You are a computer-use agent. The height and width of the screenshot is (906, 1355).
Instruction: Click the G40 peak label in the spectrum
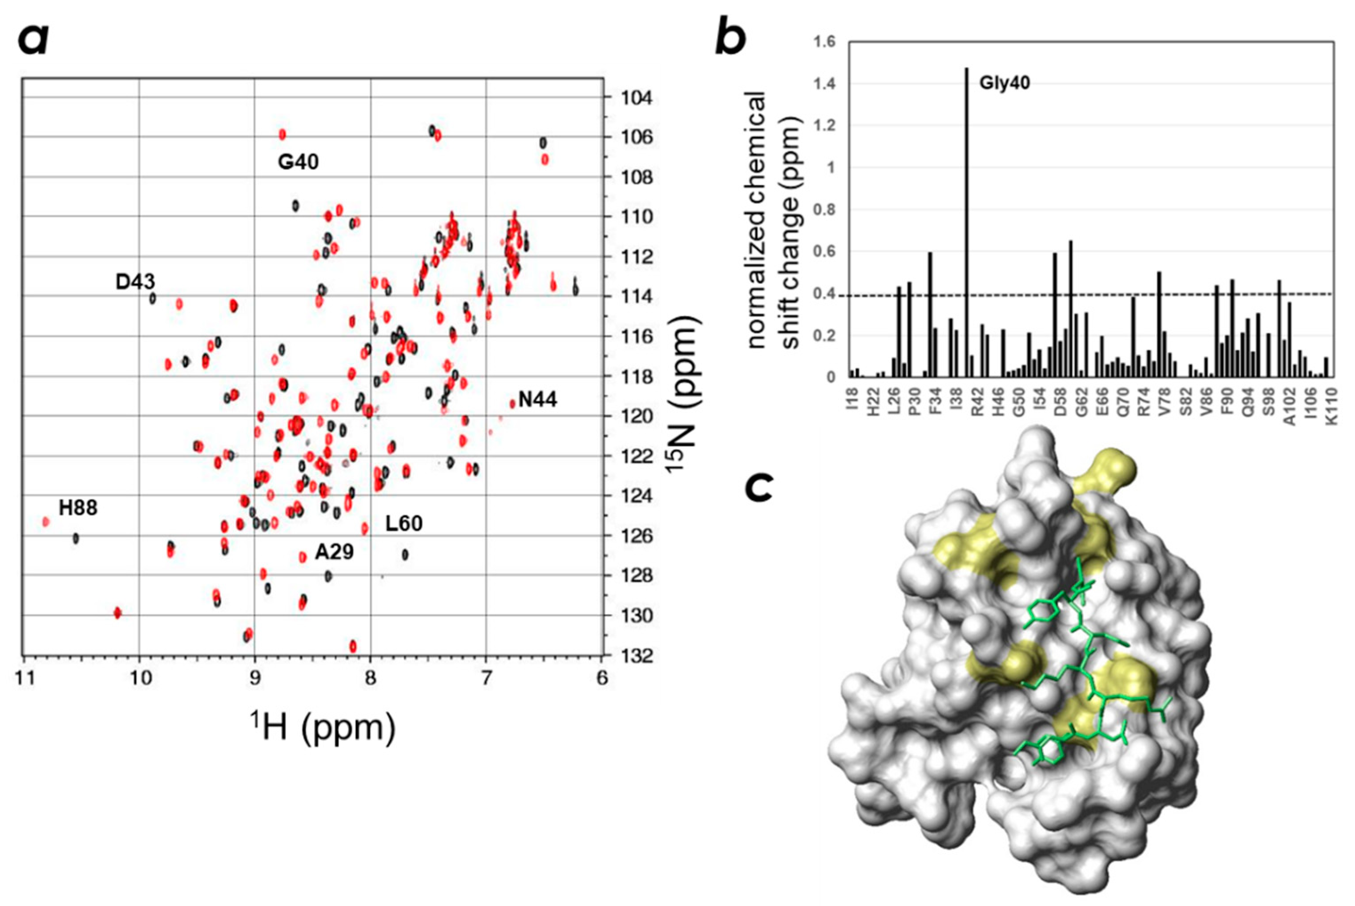click(298, 162)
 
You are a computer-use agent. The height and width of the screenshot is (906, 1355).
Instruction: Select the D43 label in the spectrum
click(135, 282)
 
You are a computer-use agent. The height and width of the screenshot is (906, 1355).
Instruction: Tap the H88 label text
click(78, 508)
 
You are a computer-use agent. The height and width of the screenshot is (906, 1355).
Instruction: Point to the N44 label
click(537, 399)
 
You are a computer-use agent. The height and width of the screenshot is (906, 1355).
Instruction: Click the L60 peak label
click(404, 523)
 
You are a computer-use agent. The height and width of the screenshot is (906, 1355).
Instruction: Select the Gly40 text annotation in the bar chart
click(1004, 83)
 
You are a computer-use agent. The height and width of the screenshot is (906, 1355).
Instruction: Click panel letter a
click(33, 40)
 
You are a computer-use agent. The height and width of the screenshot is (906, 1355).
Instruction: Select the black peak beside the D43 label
click(153, 299)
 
